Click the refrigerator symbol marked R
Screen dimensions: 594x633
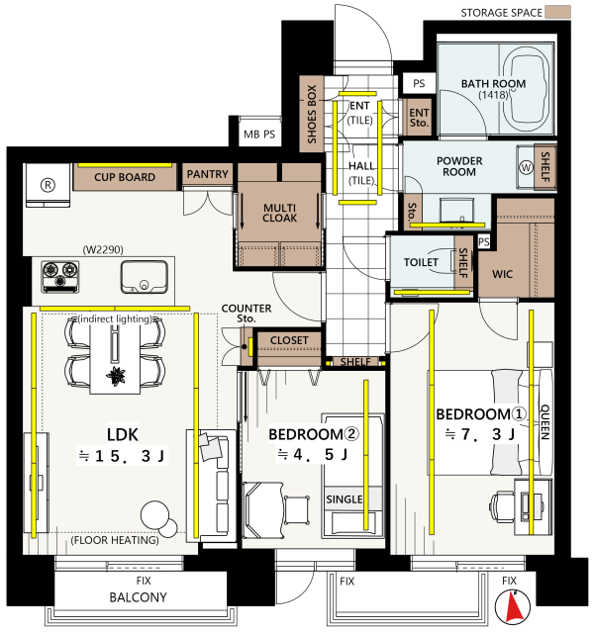point(48,185)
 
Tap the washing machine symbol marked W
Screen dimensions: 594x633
point(526,167)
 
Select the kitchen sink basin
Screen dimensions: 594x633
point(144,277)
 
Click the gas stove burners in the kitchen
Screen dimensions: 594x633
point(60,276)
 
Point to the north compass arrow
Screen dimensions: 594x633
point(513,606)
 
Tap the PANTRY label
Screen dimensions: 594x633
point(207,174)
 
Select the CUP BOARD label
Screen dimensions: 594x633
point(125,177)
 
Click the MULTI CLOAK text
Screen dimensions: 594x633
point(279,213)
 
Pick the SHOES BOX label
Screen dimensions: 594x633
point(312,114)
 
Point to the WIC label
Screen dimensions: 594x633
point(502,274)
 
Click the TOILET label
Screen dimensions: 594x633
point(421,262)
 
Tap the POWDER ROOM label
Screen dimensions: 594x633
point(459,166)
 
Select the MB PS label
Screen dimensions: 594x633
point(259,135)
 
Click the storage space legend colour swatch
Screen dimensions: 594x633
point(557,12)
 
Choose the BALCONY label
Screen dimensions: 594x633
point(138,597)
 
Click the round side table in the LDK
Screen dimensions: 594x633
point(154,515)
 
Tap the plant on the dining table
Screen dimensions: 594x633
point(116,375)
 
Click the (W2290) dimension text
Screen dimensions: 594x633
point(103,249)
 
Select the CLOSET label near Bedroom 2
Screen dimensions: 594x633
point(289,340)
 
